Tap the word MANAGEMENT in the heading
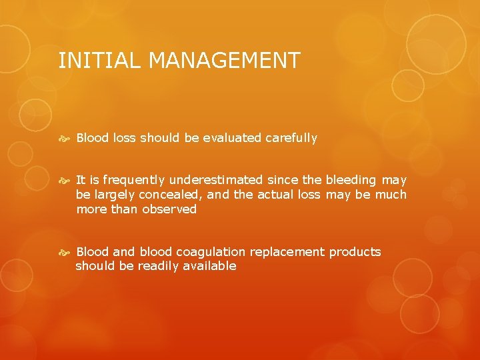pyautogui.click(x=225, y=61)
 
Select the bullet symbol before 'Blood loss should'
pyautogui.click(x=65, y=139)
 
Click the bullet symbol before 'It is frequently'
pyautogui.click(x=65, y=181)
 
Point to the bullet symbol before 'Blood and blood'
pyautogui.click(x=65, y=252)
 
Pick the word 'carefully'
pyautogui.click(x=291, y=138)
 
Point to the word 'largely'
pyautogui.click(x=114, y=195)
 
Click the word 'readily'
pyautogui.click(x=159, y=266)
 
